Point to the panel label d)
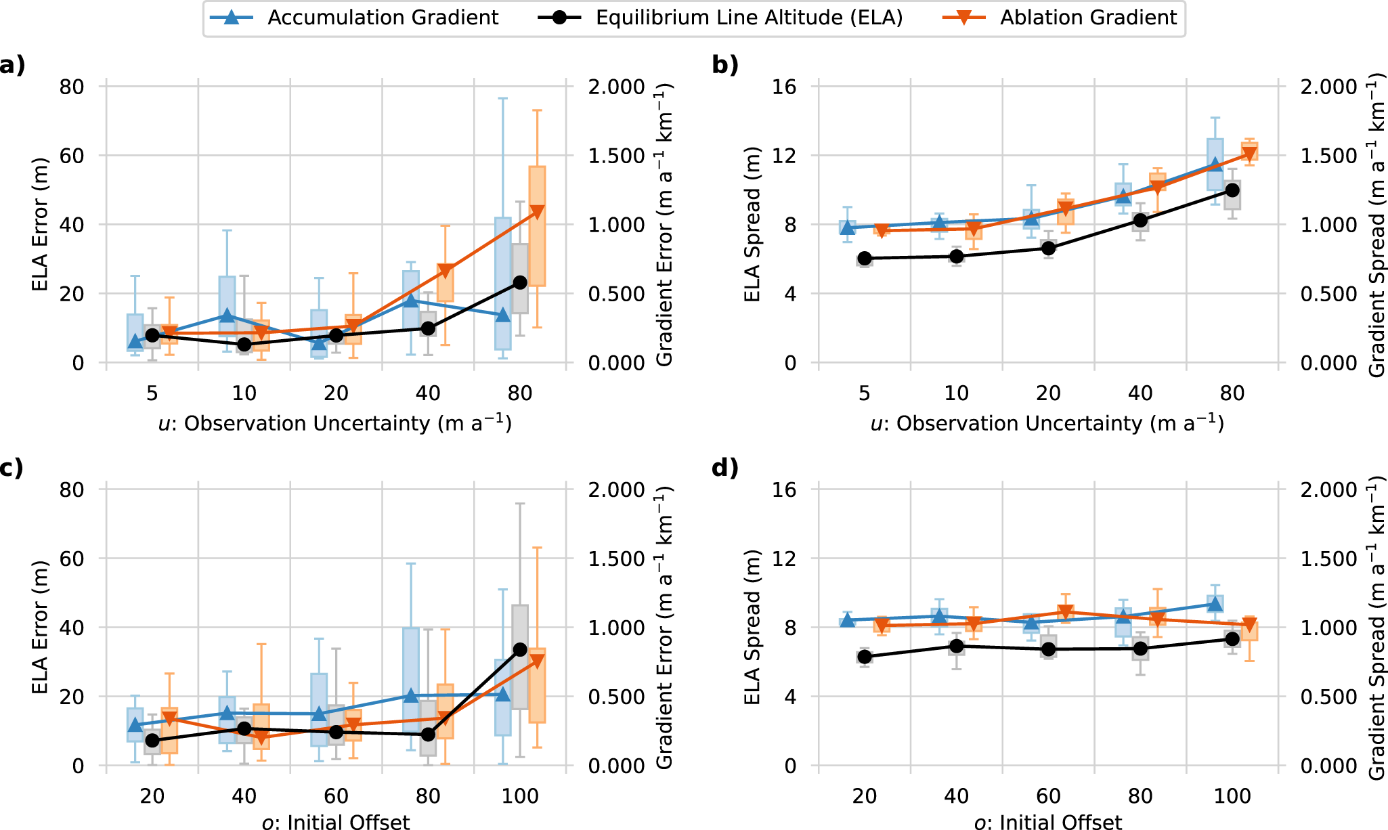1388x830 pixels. coord(724,468)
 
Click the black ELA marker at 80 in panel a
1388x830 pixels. coord(520,282)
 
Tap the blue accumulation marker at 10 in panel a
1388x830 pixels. coord(227,315)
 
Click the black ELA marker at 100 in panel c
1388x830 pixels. coord(520,650)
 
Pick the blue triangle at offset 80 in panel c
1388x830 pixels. coord(411,695)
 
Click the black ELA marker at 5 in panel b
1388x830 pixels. coord(865,259)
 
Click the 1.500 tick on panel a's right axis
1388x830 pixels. coord(616,156)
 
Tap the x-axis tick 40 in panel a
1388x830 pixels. coord(428,393)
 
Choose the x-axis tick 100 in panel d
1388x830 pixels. coord(1232,796)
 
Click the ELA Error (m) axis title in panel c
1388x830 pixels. coord(41,627)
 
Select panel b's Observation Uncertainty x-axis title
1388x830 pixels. coord(1047,424)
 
